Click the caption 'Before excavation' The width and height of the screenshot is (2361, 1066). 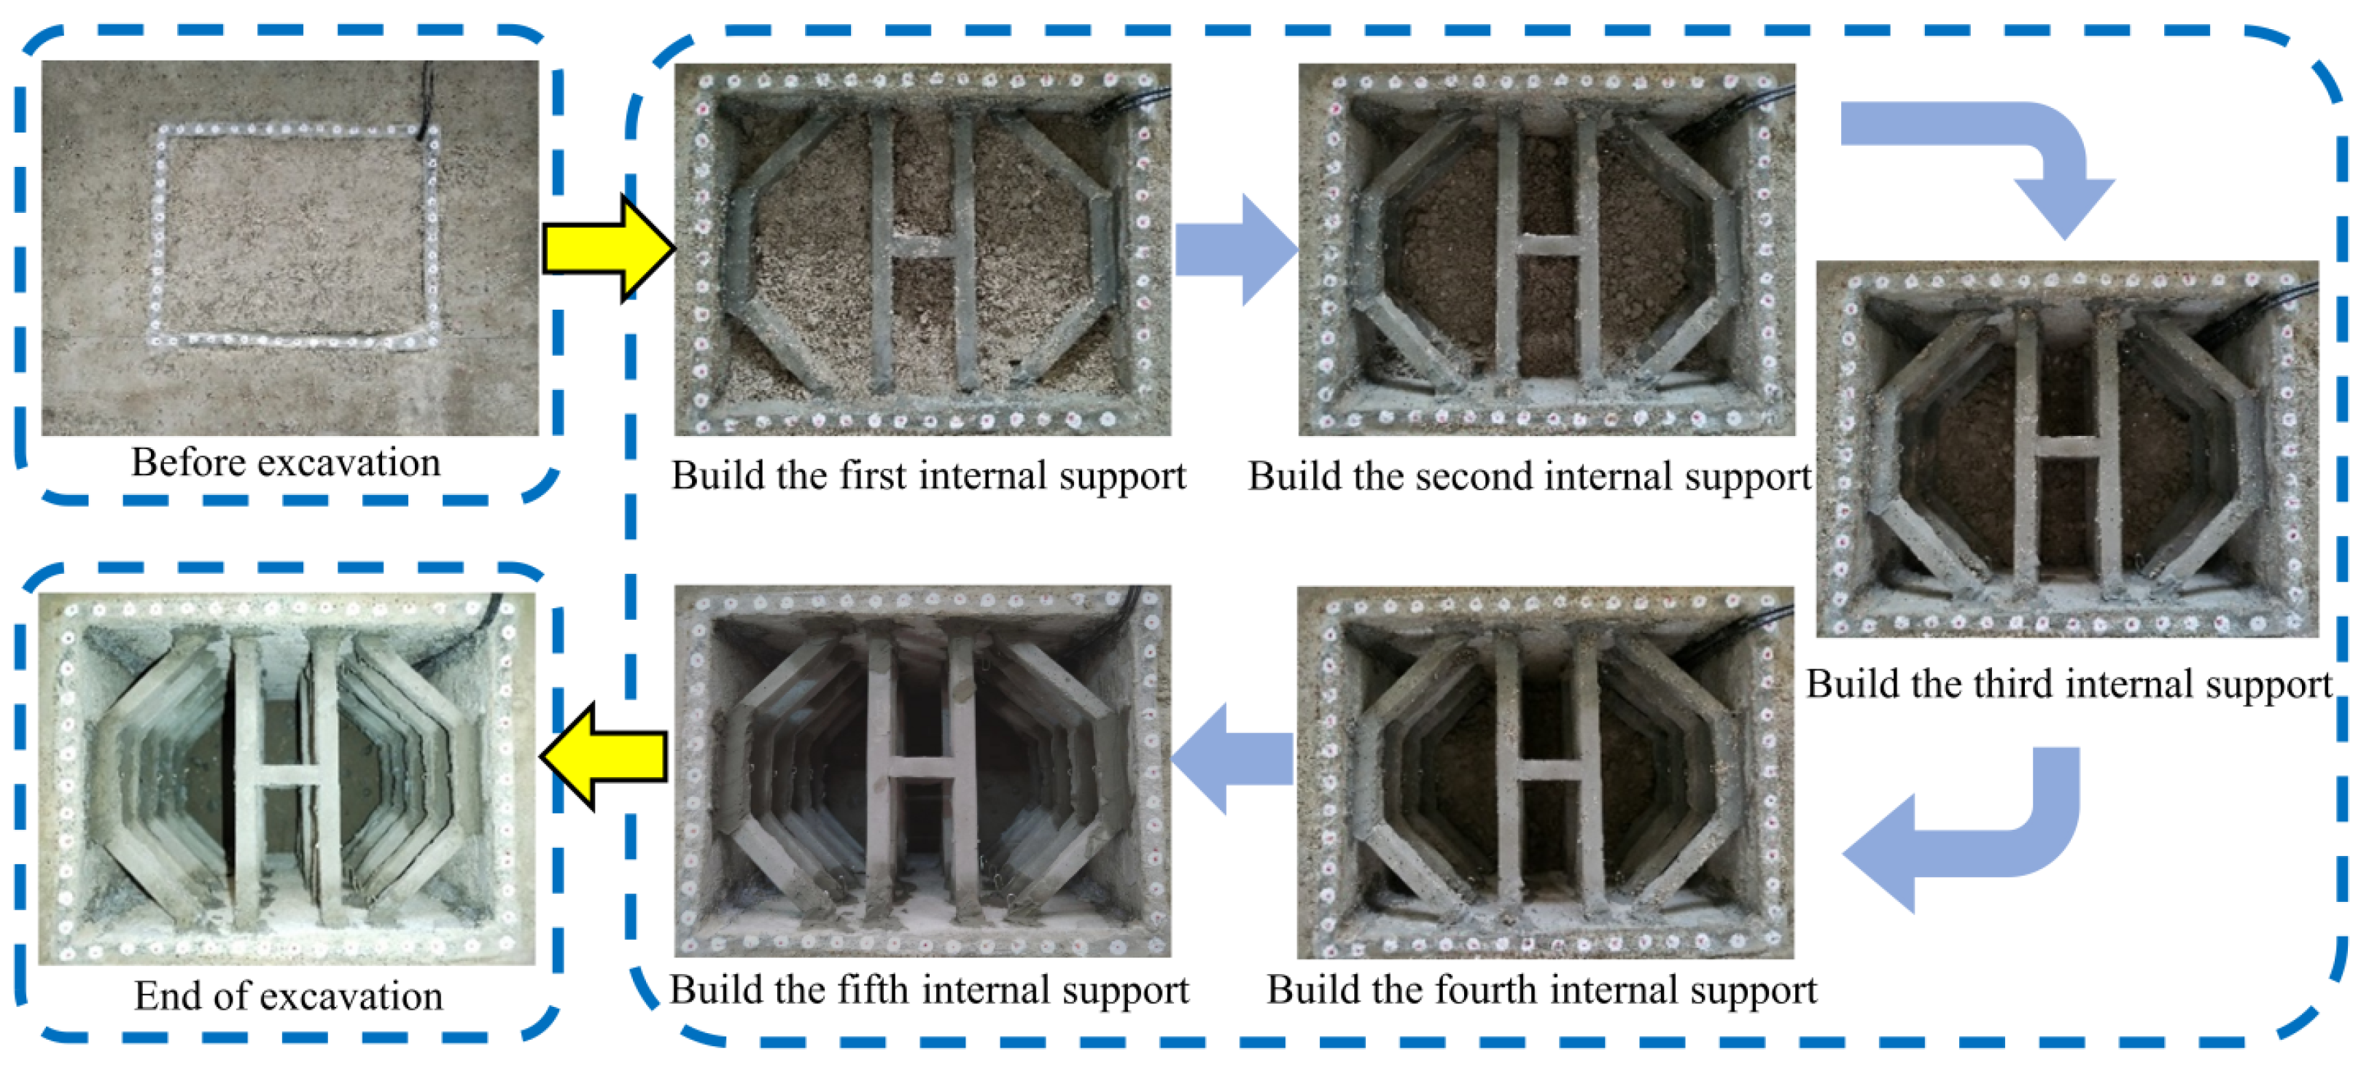coord(286,463)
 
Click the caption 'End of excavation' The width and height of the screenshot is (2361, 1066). coord(289,996)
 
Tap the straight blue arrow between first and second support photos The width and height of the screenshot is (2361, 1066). coord(1237,249)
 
